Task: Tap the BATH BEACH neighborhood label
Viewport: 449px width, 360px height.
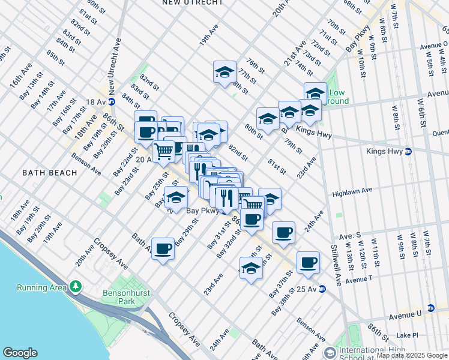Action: [50, 173]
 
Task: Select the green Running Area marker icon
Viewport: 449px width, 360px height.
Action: [76, 287]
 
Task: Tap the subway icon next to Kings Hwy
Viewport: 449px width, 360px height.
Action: [408, 151]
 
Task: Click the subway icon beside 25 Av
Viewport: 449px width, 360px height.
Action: [322, 289]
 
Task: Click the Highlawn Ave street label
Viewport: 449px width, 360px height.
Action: [353, 191]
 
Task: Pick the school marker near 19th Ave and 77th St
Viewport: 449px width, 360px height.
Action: [225, 73]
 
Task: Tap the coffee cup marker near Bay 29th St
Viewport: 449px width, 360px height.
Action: [163, 249]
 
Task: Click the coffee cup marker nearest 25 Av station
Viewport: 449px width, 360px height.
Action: [308, 263]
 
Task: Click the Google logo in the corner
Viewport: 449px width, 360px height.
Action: [20, 353]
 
